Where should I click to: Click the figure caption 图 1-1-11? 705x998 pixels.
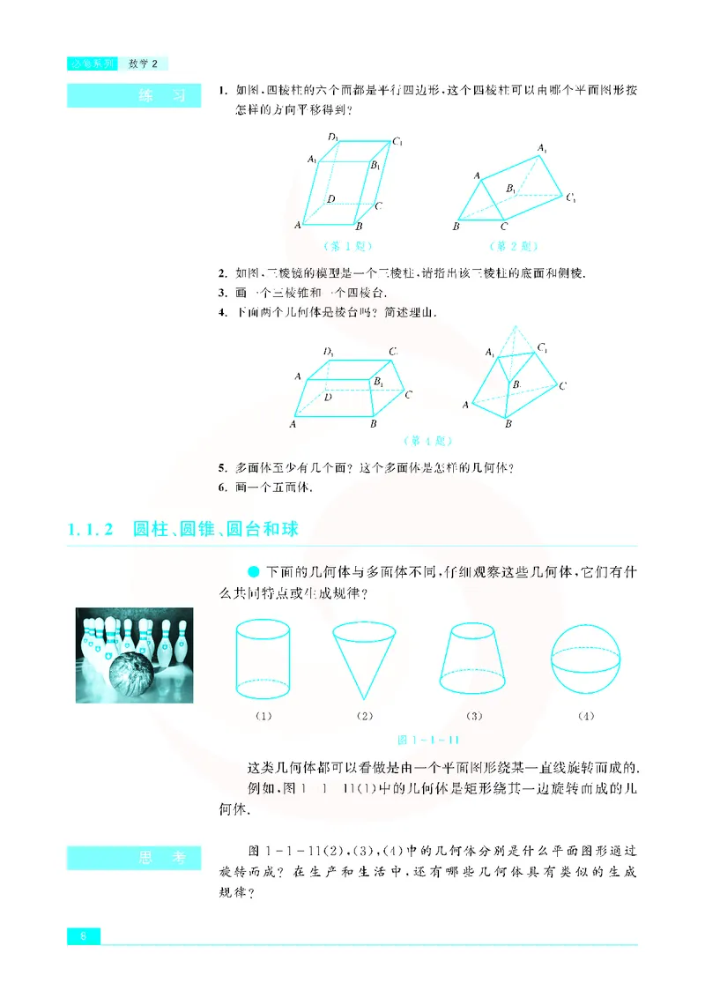(431, 739)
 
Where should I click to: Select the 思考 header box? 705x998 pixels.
(128, 856)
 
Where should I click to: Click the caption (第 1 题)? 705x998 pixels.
(350, 246)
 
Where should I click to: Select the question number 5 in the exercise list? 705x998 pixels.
(220, 467)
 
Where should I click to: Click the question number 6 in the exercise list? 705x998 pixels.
(220, 487)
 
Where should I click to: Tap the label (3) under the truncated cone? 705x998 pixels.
(474, 716)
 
